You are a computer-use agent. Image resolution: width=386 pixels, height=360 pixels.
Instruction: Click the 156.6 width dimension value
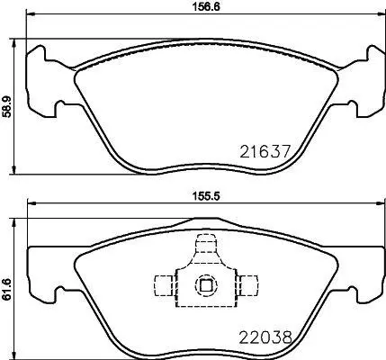pyautogui.click(x=206, y=7)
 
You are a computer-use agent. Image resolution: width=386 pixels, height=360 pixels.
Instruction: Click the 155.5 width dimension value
pyautogui.click(x=206, y=196)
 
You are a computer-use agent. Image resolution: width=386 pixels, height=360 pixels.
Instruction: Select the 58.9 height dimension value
pyautogui.click(x=7, y=106)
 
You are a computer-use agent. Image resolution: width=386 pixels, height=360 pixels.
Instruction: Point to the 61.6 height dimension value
pyautogui.click(x=7, y=290)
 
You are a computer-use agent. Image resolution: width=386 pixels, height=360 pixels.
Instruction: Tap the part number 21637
pyautogui.click(x=265, y=151)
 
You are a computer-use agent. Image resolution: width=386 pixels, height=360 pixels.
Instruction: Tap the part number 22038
pyautogui.click(x=265, y=337)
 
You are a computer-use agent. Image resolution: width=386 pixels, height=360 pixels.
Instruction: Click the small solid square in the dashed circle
pyautogui.click(x=206, y=284)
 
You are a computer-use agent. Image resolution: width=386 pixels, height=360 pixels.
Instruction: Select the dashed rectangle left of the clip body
pyautogui.click(x=164, y=285)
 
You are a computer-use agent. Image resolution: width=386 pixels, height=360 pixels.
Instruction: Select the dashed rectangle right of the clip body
pyautogui.click(x=247, y=285)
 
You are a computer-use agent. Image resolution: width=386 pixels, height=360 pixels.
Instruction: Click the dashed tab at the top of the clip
pyautogui.click(x=206, y=244)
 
